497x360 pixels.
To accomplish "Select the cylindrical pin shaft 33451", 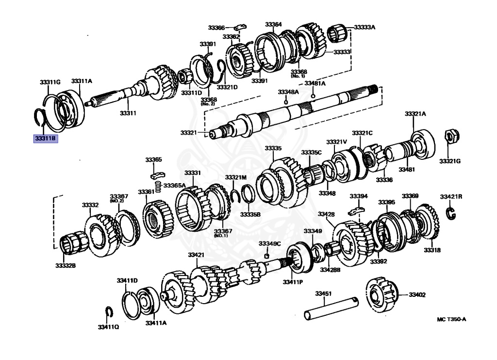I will [x=331, y=309].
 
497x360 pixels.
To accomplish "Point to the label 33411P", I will [x=293, y=281].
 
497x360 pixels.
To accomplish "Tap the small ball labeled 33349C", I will [x=266, y=256].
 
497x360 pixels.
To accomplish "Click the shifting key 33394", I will [x=357, y=210].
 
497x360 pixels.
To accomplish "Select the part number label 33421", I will [x=197, y=255].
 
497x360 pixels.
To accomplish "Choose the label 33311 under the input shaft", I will [x=128, y=114].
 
